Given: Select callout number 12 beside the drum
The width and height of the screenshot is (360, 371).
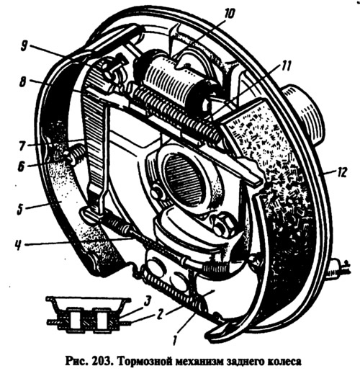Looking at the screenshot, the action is pyautogui.click(x=341, y=172).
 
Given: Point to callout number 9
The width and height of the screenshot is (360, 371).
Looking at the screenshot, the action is pyautogui.click(x=24, y=46).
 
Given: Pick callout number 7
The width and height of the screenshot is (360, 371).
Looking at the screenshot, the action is pyautogui.click(x=22, y=146).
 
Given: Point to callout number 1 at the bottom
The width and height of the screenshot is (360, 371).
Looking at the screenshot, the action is pyautogui.click(x=175, y=339).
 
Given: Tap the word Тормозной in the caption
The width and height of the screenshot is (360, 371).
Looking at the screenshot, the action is pyautogui.click(x=144, y=362).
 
